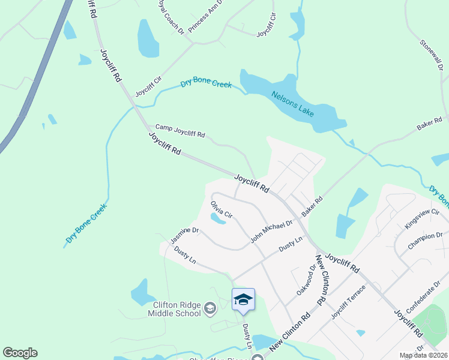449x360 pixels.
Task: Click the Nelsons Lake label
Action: [292, 104]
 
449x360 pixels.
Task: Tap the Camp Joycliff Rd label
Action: [180, 131]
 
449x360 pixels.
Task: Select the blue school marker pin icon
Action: [243, 299]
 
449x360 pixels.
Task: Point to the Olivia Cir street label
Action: [221, 209]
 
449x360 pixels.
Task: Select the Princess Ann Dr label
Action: [205, 16]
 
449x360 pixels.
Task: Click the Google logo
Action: [20, 353]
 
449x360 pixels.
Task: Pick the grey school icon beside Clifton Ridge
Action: [210, 309]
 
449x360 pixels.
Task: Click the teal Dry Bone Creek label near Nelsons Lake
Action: [206, 83]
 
